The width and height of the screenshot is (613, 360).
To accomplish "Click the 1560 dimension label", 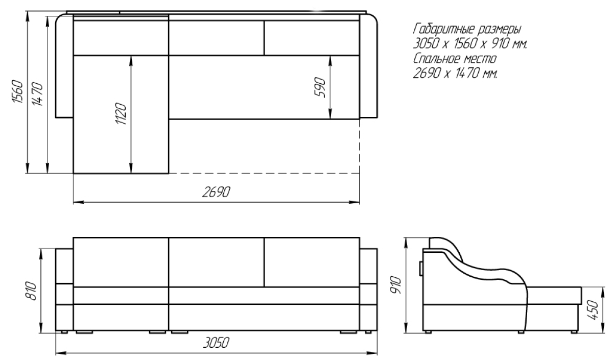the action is point(17,91).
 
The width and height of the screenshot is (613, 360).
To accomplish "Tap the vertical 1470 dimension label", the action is point(37,94).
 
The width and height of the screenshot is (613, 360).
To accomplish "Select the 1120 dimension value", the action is point(121,113).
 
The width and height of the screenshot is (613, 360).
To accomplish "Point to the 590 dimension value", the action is point(320,87).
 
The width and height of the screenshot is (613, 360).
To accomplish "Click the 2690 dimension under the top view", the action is point(216,192).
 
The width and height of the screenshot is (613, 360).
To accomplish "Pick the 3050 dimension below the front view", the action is point(216,343).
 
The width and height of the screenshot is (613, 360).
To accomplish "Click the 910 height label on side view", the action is point(396,285).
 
